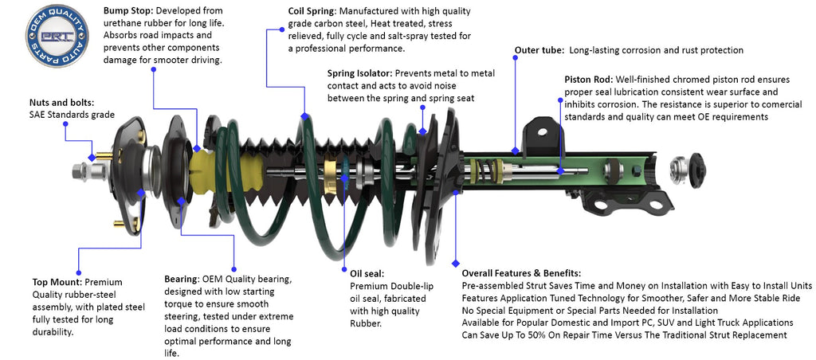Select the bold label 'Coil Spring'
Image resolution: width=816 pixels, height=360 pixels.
coord(313,11)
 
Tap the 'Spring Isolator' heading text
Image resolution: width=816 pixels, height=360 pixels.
coord(359,73)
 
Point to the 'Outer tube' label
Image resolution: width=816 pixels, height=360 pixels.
coord(539,50)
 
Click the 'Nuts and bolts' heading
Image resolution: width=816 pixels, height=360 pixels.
coord(61,102)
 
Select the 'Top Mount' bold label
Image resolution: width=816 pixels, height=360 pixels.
coord(56,282)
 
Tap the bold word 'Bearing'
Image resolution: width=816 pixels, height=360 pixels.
coord(181,280)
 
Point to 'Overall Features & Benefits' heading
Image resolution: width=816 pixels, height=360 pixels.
coord(521,273)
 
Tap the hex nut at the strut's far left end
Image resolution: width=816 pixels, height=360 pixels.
coord(80,170)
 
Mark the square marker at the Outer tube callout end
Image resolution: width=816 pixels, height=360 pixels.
coord(515,149)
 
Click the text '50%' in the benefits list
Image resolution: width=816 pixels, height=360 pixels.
coord(543,335)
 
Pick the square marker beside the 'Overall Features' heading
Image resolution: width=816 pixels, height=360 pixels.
coord(455,263)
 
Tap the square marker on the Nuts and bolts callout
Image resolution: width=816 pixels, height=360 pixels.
coord(92,157)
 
